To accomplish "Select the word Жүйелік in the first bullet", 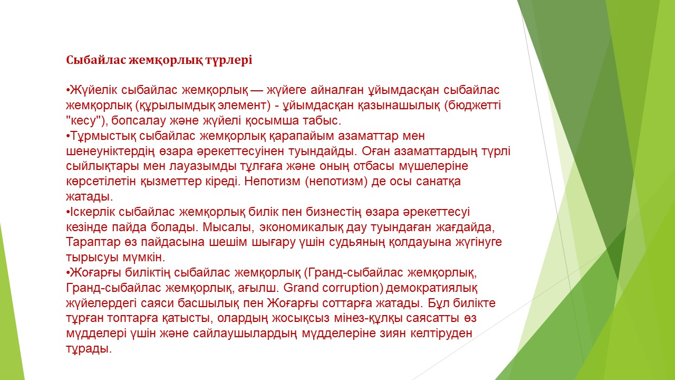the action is pyautogui.click(x=93, y=90).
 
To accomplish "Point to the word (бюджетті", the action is pyautogui.click(x=472, y=106).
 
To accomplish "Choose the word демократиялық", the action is pyautogui.click(x=431, y=288).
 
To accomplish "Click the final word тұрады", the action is pyautogui.click(x=89, y=349).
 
